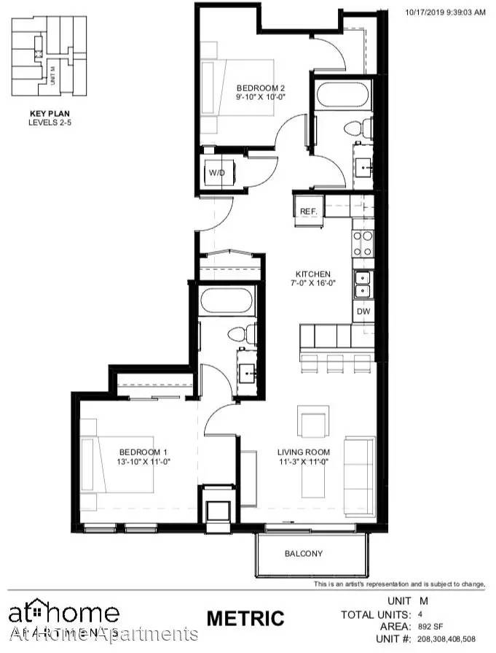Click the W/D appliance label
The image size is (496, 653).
coord(217,173)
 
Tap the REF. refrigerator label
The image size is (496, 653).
coord(308,212)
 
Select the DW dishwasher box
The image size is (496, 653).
coord(363,311)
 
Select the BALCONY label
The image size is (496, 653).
coord(303,554)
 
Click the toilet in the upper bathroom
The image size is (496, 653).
coord(352,130)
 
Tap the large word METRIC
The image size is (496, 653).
coord(245,618)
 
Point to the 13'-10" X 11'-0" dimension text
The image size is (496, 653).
coord(143,461)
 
